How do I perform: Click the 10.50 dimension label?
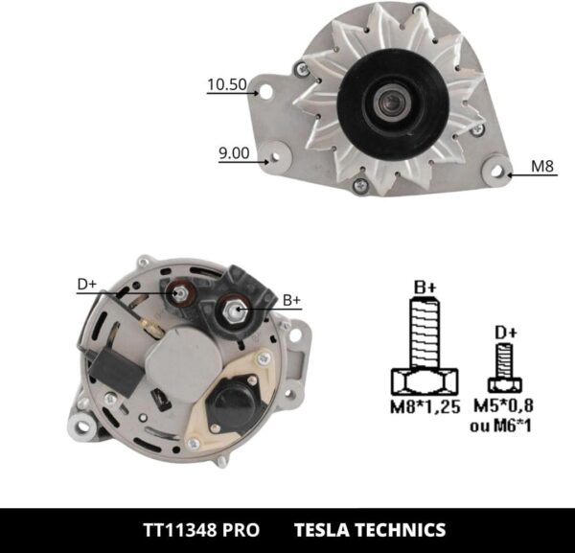[226, 85]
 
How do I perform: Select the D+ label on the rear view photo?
[87, 284]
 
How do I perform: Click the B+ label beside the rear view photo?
[292, 300]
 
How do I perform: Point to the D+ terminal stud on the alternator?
[179, 293]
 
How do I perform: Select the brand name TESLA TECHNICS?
[369, 529]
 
